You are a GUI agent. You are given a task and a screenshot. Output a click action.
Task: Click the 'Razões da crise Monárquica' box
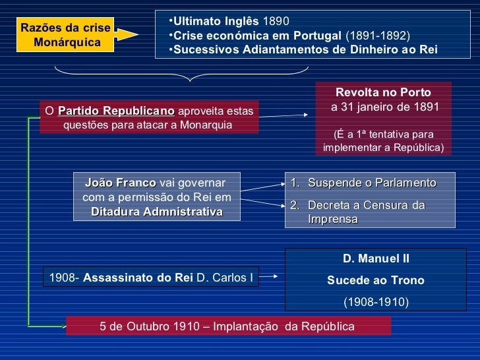tap(66, 35)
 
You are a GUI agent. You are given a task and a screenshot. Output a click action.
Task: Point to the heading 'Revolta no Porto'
tap(383, 92)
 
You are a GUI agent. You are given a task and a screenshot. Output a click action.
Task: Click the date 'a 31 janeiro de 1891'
tap(383, 107)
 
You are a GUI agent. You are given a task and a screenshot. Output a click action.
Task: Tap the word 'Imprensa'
tap(333, 218)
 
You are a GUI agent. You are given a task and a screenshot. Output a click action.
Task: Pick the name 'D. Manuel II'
tap(376, 259)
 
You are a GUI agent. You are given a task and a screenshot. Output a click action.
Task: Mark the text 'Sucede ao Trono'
tap(376, 281)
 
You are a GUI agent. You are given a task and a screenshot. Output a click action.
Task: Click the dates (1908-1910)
tap(376, 303)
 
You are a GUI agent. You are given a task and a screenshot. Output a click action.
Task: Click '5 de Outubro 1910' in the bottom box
tap(152, 326)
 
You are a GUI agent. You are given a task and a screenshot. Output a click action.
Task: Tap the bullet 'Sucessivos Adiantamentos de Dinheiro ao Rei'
tap(305, 49)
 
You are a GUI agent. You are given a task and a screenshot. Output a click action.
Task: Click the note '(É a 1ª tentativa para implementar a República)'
tap(383, 140)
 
